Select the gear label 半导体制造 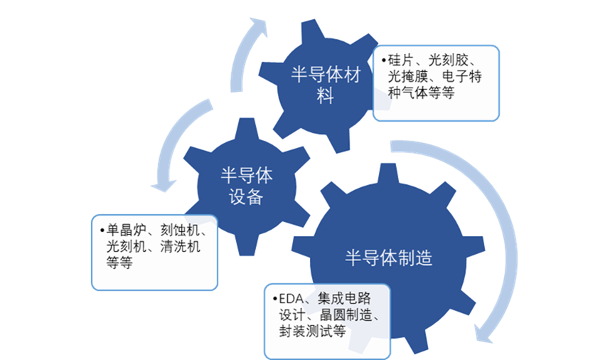pos(389,258)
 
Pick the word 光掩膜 pos(404,77)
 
